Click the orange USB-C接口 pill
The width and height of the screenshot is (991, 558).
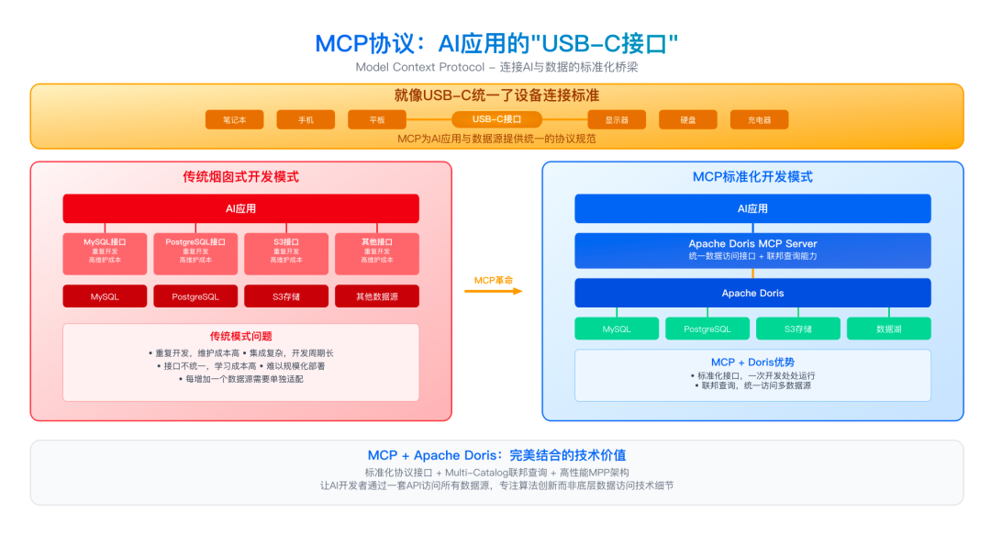pyautogui.click(x=496, y=119)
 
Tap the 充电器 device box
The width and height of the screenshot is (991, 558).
pyautogui.click(x=759, y=119)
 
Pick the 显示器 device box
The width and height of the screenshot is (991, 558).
pyautogui.click(x=615, y=119)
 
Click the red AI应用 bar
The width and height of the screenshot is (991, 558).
pyautogui.click(x=240, y=208)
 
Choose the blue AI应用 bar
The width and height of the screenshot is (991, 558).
pyautogui.click(x=752, y=208)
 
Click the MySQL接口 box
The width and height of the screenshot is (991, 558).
pyautogui.click(x=105, y=253)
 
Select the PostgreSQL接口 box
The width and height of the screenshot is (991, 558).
pyautogui.click(x=195, y=253)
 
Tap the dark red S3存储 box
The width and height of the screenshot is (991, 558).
pyautogui.click(x=285, y=296)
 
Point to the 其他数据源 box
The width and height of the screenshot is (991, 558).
pyautogui.click(x=376, y=296)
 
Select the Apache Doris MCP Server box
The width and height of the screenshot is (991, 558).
pyautogui.click(x=752, y=250)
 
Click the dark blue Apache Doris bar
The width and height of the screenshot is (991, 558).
pyautogui.click(x=752, y=293)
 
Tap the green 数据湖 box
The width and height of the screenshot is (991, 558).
pyautogui.click(x=888, y=329)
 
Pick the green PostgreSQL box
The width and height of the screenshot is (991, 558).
pyautogui.click(x=707, y=329)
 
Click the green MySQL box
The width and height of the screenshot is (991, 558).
pyautogui.click(x=617, y=329)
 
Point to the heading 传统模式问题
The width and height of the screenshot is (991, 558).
pyautogui.click(x=240, y=336)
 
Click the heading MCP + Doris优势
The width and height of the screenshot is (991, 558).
pyautogui.click(x=752, y=363)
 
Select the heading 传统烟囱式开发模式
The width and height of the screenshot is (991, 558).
pyautogui.click(x=240, y=176)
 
